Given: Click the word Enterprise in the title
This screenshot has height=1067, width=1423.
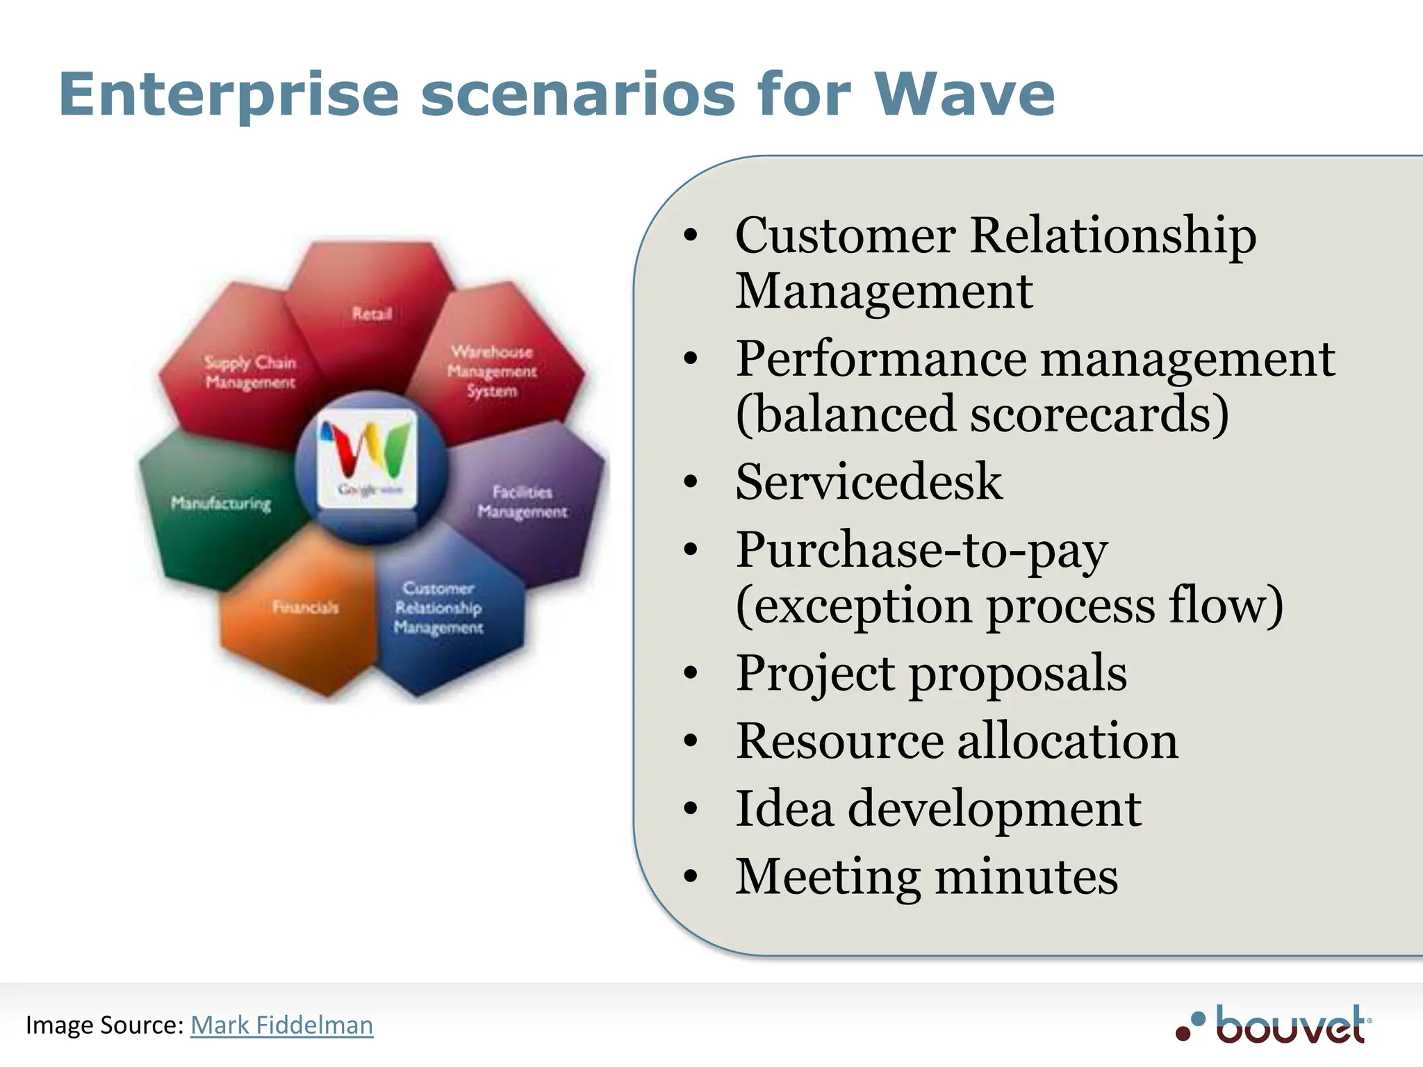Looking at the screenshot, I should coord(229,95).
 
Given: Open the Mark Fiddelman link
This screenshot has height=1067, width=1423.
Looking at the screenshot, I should coord(281,1025).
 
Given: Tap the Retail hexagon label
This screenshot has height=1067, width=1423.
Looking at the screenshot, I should coord(372,314).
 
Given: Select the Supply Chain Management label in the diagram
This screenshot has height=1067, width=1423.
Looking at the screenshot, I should coord(250,372).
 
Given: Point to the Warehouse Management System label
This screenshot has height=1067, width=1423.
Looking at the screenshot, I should coord(492,371).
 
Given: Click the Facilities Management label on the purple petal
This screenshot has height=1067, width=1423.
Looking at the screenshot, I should coord(523,502).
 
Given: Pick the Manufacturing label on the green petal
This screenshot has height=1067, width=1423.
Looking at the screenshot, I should coord(221,503).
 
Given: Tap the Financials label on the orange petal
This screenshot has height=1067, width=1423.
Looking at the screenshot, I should coord(306,607).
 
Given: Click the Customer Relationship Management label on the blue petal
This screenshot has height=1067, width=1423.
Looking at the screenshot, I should coord(438,608).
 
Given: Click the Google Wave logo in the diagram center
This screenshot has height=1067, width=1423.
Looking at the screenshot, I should coord(368,458).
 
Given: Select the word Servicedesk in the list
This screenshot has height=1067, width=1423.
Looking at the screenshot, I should coord(869,481).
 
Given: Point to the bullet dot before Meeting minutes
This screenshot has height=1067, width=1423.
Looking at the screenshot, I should coord(690,876).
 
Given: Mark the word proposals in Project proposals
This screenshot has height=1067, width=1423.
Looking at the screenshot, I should coord(1018,673).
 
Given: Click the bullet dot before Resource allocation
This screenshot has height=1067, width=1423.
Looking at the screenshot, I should coord(690,741).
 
